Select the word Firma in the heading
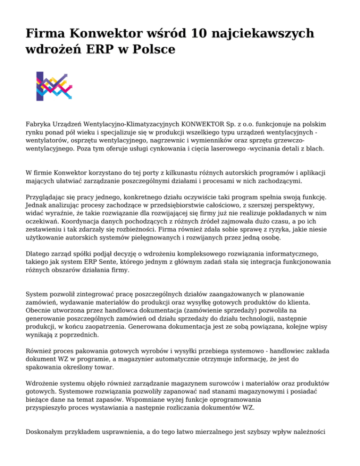[x=45, y=33]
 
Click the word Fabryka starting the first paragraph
[x=38, y=126]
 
